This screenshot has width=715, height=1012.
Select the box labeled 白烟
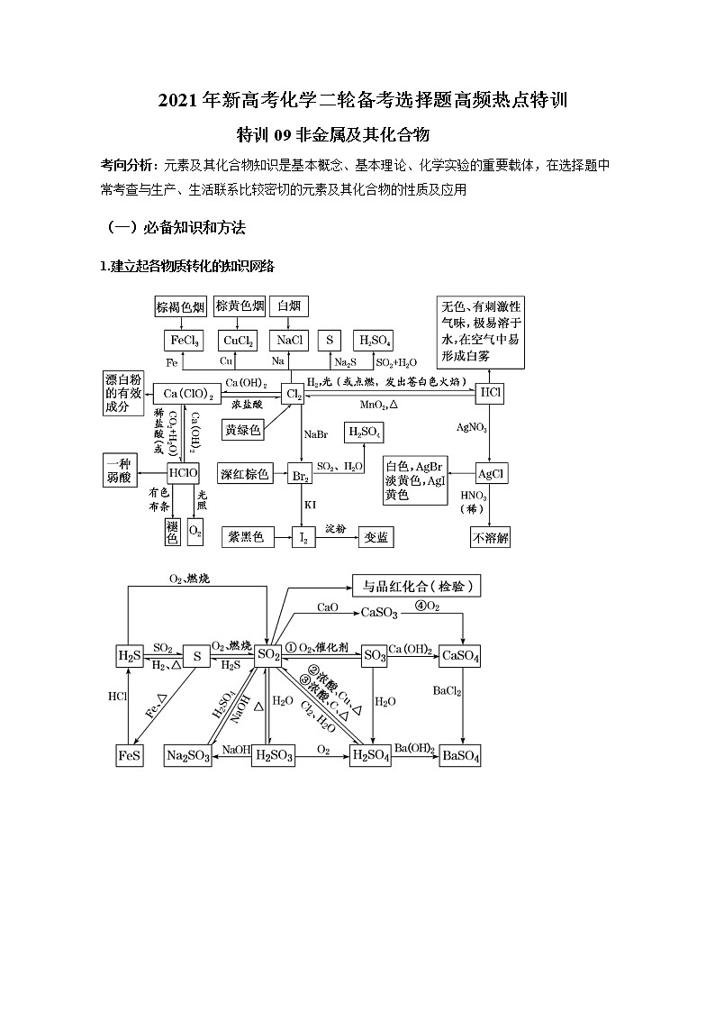[x=289, y=306]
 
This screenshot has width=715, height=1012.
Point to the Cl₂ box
[x=293, y=394]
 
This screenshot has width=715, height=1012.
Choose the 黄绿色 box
[x=243, y=430]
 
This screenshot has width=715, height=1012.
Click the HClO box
[x=183, y=472]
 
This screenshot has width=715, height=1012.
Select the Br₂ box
[x=299, y=474]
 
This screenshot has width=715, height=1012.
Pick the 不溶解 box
[x=491, y=538]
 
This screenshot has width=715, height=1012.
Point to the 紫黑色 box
[x=246, y=537]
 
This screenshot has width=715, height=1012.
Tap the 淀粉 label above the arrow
[x=336, y=526]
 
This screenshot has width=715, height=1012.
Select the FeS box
[x=130, y=755]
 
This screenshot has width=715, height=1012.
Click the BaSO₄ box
[x=461, y=755]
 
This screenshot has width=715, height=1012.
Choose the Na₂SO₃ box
[x=188, y=755]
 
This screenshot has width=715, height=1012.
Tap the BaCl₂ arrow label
[x=447, y=691]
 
